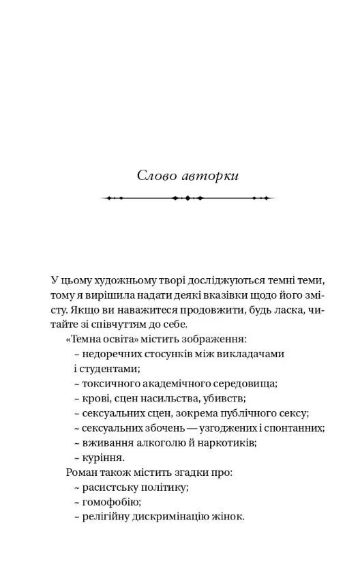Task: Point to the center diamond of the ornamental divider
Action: pos(187,198)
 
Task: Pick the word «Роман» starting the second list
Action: pos(80,472)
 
